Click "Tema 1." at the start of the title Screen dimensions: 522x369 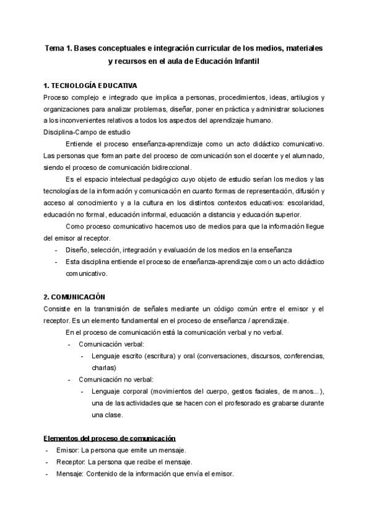click(58, 47)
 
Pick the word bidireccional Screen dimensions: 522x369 click(164, 167)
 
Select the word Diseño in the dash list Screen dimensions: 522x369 click(77, 249)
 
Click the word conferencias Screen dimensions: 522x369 click(300, 356)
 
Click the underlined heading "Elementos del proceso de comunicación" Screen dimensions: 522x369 click(109, 438)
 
